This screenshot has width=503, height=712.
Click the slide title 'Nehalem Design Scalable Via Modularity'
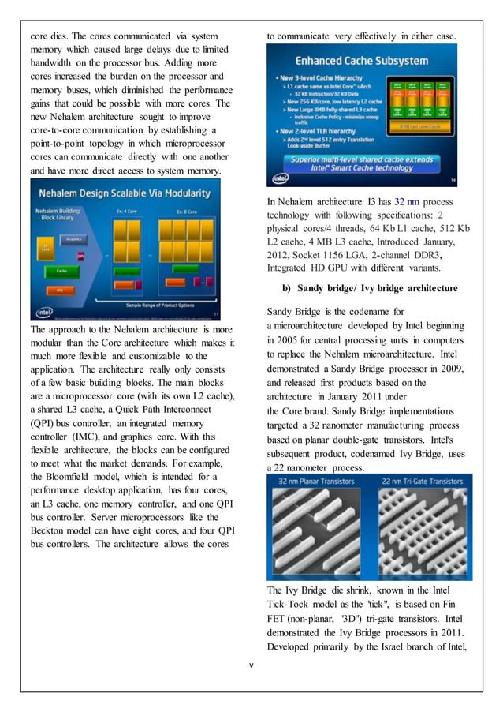click(x=125, y=193)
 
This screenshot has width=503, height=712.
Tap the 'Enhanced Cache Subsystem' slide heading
click(x=360, y=61)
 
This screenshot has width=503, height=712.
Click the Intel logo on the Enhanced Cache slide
click(x=281, y=179)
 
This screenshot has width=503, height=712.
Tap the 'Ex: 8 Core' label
click(x=186, y=212)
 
